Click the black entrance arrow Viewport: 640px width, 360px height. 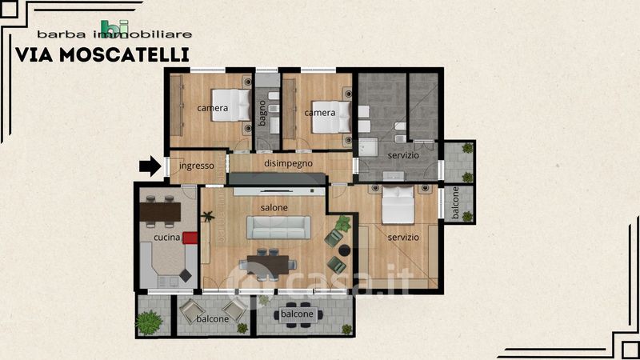[150, 166]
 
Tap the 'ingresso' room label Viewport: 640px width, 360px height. [196, 166]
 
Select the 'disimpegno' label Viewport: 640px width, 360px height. [288, 163]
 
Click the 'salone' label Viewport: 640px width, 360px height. [274, 208]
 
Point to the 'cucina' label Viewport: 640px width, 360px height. [167, 237]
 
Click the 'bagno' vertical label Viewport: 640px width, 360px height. [262, 113]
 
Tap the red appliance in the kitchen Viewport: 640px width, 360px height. [190, 238]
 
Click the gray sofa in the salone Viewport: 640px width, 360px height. [278, 227]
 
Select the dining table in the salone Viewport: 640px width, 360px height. [268, 265]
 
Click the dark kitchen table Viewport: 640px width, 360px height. [160, 212]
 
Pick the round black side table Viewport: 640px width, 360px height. [345, 250]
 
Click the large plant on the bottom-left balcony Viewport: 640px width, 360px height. [149, 322]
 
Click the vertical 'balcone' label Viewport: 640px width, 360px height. [456, 203]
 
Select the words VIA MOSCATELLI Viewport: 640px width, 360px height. [102, 55]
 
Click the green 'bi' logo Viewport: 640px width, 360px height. [114, 29]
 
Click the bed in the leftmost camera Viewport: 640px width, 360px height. [230, 106]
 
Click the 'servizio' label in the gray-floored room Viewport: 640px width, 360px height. [403, 155]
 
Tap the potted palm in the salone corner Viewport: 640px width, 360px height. [208, 216]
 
